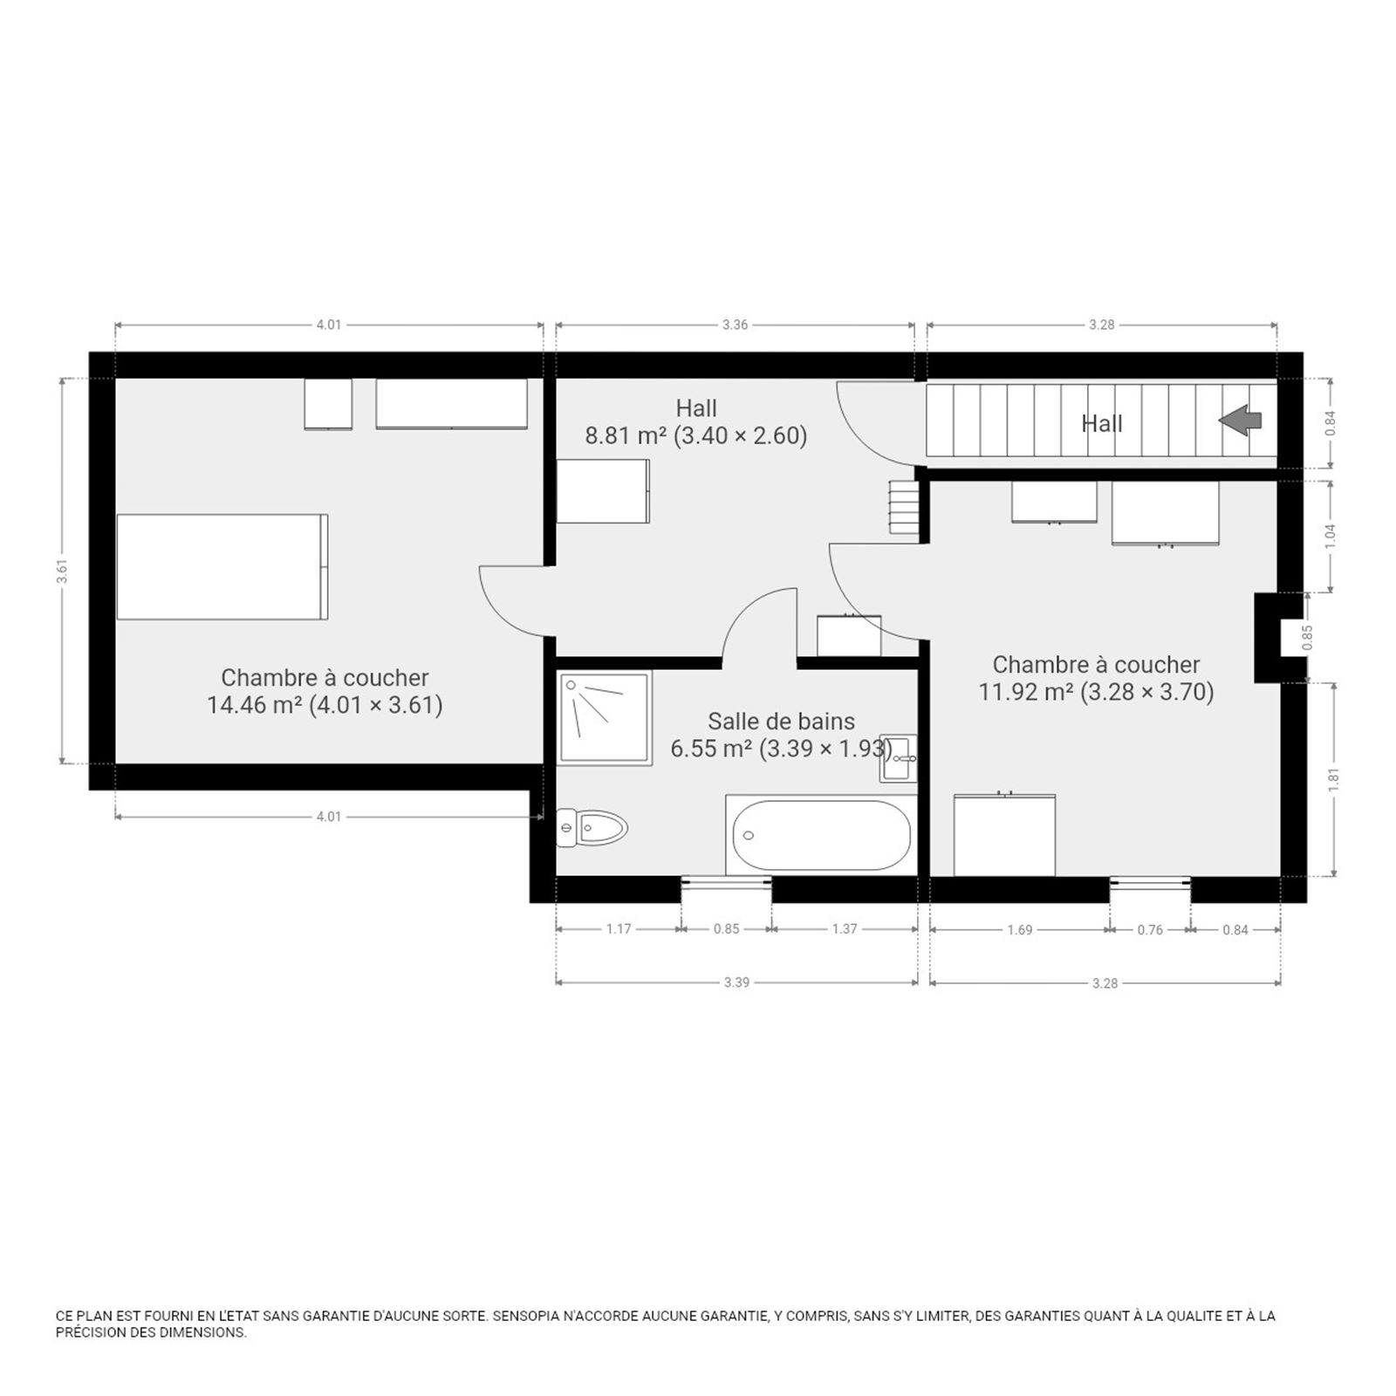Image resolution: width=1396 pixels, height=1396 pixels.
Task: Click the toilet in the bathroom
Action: click(x=592, y=827)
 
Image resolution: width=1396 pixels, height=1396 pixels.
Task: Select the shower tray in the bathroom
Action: click(x=604, y=718)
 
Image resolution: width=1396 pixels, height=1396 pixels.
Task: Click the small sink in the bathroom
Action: click(x=898, y=757)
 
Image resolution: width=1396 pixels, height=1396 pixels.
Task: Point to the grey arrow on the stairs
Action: click(x=1240, y=421)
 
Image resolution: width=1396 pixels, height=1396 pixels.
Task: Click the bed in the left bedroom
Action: click(x=222, y=566)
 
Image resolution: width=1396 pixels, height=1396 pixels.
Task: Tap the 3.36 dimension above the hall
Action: click(x=735, y=325)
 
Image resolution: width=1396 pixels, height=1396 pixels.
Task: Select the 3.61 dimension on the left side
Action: click(x=61, y=571)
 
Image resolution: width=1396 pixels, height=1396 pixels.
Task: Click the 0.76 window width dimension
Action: click(x=1150, y=930)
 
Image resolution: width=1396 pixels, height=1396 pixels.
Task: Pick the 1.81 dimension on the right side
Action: click(x=1333, y=779)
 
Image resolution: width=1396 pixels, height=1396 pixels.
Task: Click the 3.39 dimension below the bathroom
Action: click(x=736, y=982)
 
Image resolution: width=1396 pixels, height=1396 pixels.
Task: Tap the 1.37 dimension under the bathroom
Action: click(x=845, y=929)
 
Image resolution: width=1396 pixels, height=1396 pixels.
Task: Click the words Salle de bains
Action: click(x=781, y=722)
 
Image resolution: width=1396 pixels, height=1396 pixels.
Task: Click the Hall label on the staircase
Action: click(x=1102, y=423)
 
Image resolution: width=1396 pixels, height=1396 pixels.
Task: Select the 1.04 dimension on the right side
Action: click(x=1330, y=537)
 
